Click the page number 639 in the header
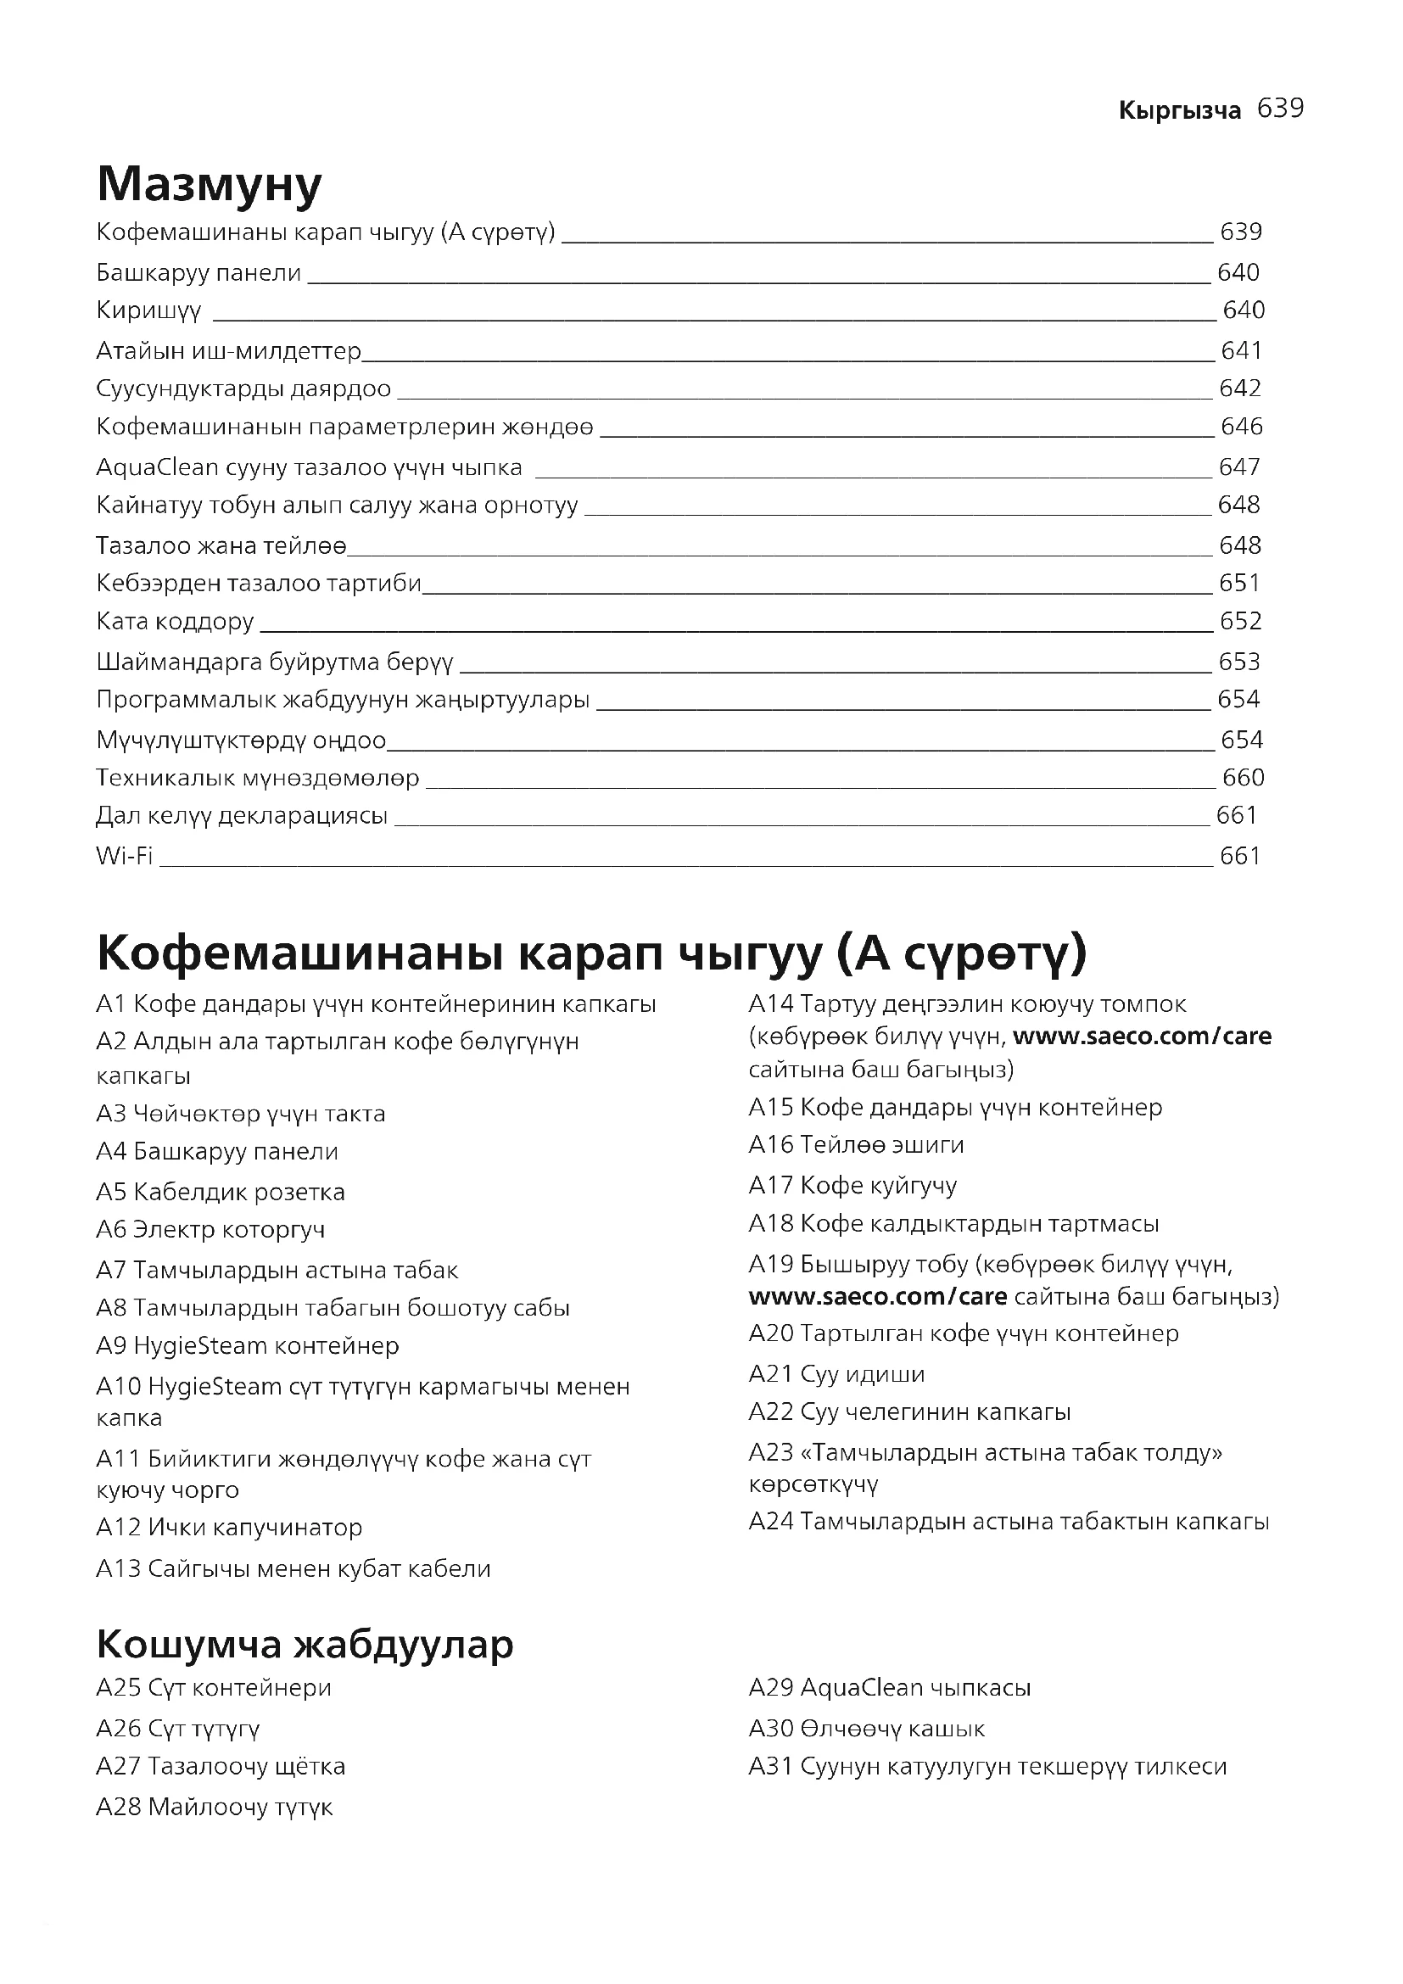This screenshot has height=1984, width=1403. pyautogui.click(x=1280, y=109)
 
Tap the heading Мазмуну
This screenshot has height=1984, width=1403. pyautogui.click(x=209, y=184)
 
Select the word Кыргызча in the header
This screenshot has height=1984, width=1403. pyautogui.click(x=1179, y=110)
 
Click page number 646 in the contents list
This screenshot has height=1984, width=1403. pyautogui.click(x=1242, y=427)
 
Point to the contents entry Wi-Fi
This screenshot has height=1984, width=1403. pyautogui.click(x=125, y=857)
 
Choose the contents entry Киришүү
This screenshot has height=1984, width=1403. pyautogui.click(x=148, y=310)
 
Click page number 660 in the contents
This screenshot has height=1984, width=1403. pyautogui.click(x=1244, y=778)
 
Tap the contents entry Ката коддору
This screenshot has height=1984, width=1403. pyautogui.click(x=176, y=621)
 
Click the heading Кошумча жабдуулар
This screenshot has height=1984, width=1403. pyautogui.click(x=305, y=1645)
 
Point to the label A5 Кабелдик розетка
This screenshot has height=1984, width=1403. pyautogui.click(x=221, y=1193)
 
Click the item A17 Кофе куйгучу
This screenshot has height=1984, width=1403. pyautogui.click(x=852, y=1186)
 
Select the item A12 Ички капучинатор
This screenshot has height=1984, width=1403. pyautogui.click(x=229, y=1528)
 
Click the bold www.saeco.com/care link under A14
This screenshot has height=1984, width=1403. pyautogui.click(x=1141, y=1036)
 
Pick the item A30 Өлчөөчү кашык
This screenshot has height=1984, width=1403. pyautogui.click(x=867, y=1729)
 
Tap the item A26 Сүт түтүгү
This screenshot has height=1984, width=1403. pyautogui.click(x=178, y=1729)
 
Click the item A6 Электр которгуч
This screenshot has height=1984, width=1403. pyautogui.click(x=211, y=1230)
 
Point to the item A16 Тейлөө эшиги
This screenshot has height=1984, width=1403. pyautogui.click(x=856, y=1145)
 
